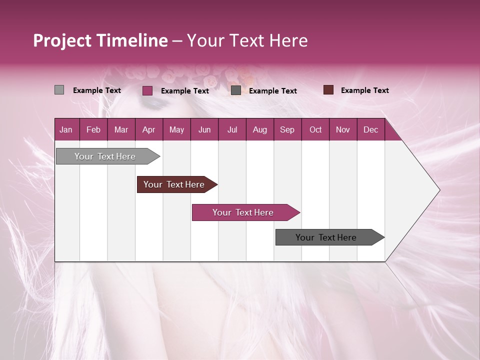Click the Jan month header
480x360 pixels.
pos(66,129)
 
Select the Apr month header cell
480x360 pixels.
pos(149,129)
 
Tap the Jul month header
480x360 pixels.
pos(232,129)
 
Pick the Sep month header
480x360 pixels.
pos(287,129)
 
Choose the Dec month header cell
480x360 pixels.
pos(370,129)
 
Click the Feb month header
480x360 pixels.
pos(93,129)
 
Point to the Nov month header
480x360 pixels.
pos(342,129)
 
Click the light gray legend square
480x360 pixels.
pos(59,90)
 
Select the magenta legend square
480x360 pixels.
pos(147,90)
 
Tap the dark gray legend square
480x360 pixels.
pos(236,90)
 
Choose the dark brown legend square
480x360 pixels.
pos(328,90)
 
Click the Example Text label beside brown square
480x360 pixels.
pos(364,90)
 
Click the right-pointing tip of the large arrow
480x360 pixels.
pos(438,190)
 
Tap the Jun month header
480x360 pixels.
pos(204,129)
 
